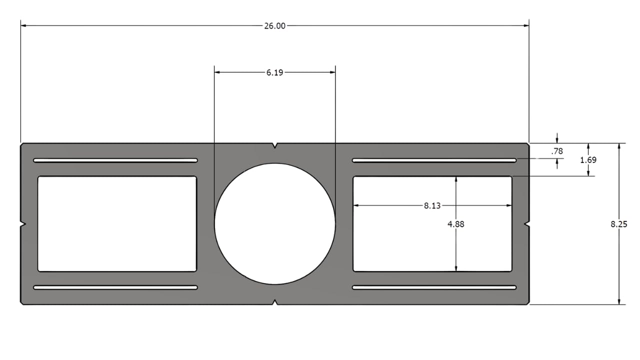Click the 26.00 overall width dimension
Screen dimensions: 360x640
pos(274,26)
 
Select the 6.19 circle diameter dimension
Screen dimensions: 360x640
pos(274,72)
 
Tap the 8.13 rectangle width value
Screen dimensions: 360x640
pos(432,205)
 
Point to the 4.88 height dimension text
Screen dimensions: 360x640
pos(455,224)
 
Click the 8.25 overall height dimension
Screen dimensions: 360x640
pos(618,224)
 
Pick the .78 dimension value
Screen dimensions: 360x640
pos(556,151)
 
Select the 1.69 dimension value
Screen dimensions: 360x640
pos(588,160)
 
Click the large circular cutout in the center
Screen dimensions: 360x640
pos(274,223)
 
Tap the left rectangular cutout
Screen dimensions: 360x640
pos(117,223)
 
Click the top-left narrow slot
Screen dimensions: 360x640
pos(115,160)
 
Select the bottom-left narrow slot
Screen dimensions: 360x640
pos(115,287)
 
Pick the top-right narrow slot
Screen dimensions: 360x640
pos(434,160)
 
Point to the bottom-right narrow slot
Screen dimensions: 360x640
pos(434,287)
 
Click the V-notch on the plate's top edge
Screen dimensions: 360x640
pos(274,146)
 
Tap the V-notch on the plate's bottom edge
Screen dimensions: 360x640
pos(274,301)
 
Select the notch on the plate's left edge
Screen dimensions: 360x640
pos(23,224)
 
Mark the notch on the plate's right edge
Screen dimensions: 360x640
pos(526,224)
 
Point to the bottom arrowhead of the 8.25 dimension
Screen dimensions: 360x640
pos(619,301)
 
